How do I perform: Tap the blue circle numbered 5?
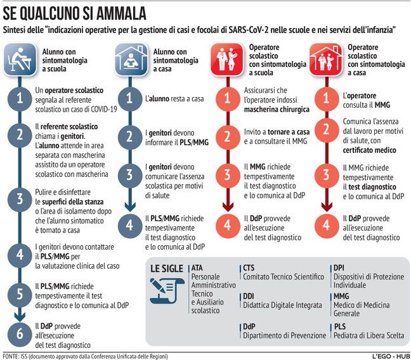[20, 293]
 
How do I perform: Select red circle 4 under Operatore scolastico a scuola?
[226, 224]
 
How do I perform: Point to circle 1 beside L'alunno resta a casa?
[129, 99]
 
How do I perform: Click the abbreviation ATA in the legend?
[197, 268]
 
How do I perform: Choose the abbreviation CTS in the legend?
[249, 268]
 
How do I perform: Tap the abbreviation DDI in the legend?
[249, 296]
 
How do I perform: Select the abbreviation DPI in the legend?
[340, 268]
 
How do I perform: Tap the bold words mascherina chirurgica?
[273, 109]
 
